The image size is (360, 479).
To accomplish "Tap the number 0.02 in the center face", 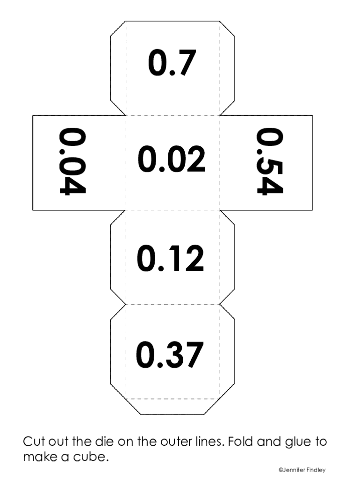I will (172, 159).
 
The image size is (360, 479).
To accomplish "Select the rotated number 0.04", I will (72, 161).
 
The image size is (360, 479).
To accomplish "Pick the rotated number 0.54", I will (270, 161).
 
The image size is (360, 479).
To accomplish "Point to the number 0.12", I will (171, 258).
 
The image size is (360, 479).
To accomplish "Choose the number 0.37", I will (170, 354).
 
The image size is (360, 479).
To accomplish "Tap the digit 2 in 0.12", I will (194, 258).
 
